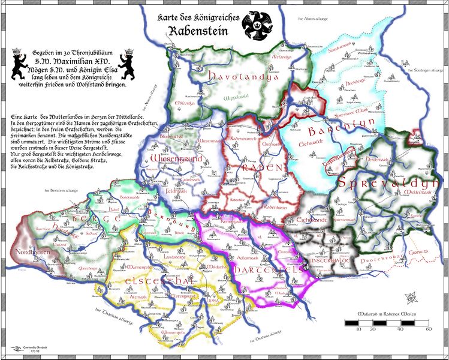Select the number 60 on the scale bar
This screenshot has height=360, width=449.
pos(429,329)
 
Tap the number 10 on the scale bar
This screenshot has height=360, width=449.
pos(358,329)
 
